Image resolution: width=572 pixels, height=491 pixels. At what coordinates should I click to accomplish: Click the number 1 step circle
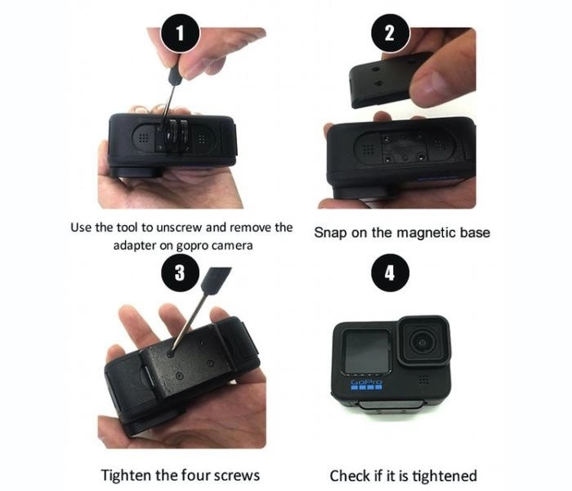(181, 34)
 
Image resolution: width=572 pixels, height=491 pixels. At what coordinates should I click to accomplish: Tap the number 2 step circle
(390, 34)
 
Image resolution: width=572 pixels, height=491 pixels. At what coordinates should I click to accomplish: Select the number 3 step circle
(181, 273)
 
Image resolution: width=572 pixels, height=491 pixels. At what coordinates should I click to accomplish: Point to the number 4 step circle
(390, 273)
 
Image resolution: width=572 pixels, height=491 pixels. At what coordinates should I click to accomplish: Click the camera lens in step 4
(422, 342)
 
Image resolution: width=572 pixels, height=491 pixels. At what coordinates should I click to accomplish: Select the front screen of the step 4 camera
(367, 351)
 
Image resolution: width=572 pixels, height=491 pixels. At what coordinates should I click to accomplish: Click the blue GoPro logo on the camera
(366, 385)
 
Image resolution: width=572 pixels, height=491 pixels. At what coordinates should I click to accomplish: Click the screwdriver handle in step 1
(175, 75)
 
